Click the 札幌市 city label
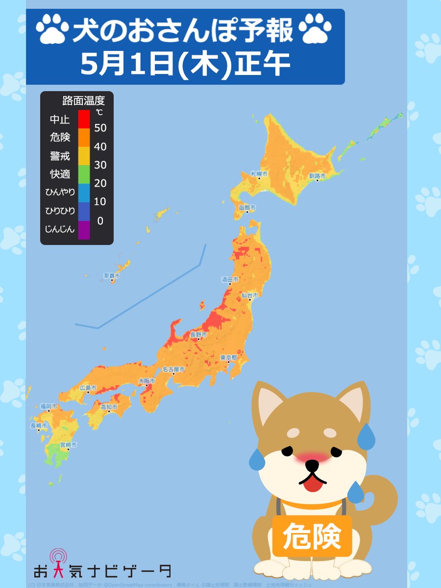[x=259, y=174]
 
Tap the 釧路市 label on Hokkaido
[x=317, y=176]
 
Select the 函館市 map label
[x=247, y=207]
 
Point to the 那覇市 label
[x=112, y=276]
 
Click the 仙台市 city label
[x=249, y=295]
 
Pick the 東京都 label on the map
[x=229, y=358]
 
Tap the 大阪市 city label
[x=147, y=381]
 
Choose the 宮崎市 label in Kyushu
[x=68, y=445]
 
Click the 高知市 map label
[x=109, y=407]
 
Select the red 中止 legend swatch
[x=84, y=119]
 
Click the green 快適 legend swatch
[x=84, y=174]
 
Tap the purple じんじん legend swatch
[x=84, y=229]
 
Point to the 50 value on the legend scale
[x=100, y=128]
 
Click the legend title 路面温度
[x=83, y=101]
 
